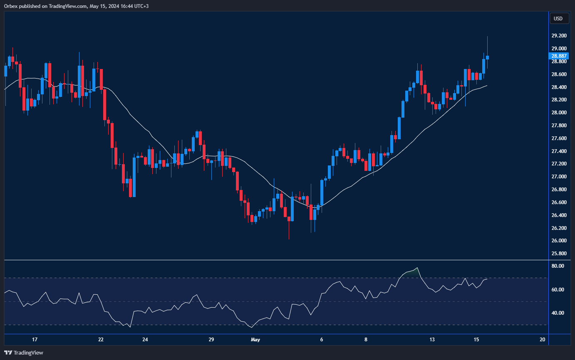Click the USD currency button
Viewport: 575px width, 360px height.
click(558, 18)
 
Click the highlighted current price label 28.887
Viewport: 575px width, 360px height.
click(559, 56)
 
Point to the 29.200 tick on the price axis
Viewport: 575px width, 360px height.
click(559, 36)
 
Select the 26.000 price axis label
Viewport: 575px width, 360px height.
click(559, 241)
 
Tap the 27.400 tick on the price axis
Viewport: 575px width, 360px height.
click(559, 151)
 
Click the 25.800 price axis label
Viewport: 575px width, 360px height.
click(559, 254)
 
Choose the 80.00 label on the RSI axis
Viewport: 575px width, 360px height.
click(558, 266)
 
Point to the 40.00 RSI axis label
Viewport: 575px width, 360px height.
click(558, 313)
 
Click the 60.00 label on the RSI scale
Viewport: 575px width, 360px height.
click(558, 290)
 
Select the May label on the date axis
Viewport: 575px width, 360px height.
click(255, 340)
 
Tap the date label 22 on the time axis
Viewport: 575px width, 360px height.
click(101, 340)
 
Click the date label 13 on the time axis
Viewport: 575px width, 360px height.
click(432, 340)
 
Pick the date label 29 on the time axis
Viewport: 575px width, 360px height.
click(211, 340)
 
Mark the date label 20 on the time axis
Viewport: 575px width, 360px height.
click(543, 340)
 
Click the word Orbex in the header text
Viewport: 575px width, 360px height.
click(11, 5)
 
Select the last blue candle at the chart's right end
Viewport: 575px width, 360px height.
click(487, 57)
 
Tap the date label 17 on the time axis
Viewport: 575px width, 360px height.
click(35, 340)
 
